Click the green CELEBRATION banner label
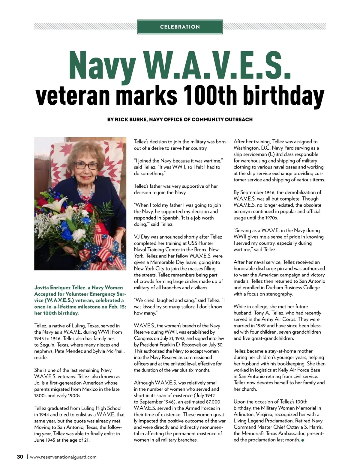(x=180, y=27)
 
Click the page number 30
(x=20, y=457)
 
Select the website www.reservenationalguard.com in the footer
(x=63, y=457)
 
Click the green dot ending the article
(x=302, y=440)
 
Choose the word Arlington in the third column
(x=244, y=415)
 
